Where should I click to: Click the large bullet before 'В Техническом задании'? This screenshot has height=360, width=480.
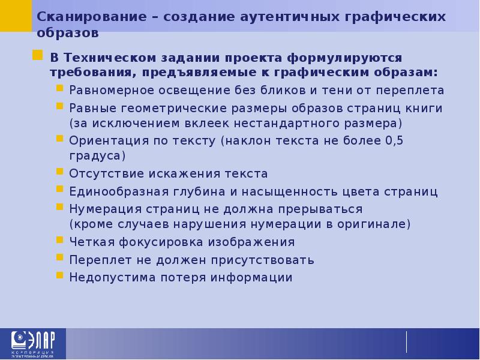37,56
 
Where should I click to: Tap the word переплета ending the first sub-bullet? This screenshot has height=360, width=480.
413,91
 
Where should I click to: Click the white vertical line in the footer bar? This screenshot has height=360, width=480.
407,341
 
